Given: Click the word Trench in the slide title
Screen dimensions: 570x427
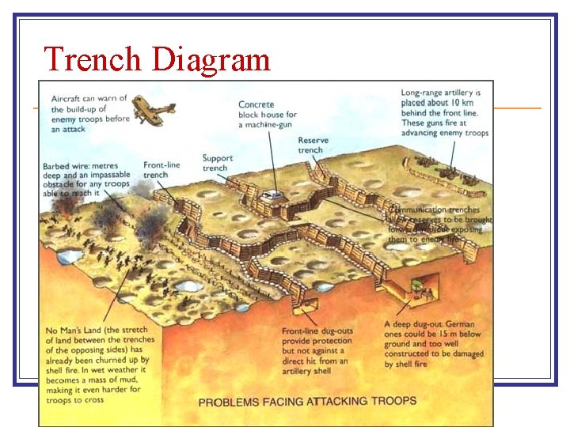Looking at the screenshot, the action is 93,59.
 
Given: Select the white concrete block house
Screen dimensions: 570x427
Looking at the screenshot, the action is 272,194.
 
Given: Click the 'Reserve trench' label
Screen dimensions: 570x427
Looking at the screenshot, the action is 312,145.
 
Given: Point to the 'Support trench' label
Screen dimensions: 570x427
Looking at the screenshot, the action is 216,163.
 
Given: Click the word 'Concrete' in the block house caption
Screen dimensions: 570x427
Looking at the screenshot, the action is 256,104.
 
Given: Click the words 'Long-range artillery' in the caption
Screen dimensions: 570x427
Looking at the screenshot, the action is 438,93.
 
